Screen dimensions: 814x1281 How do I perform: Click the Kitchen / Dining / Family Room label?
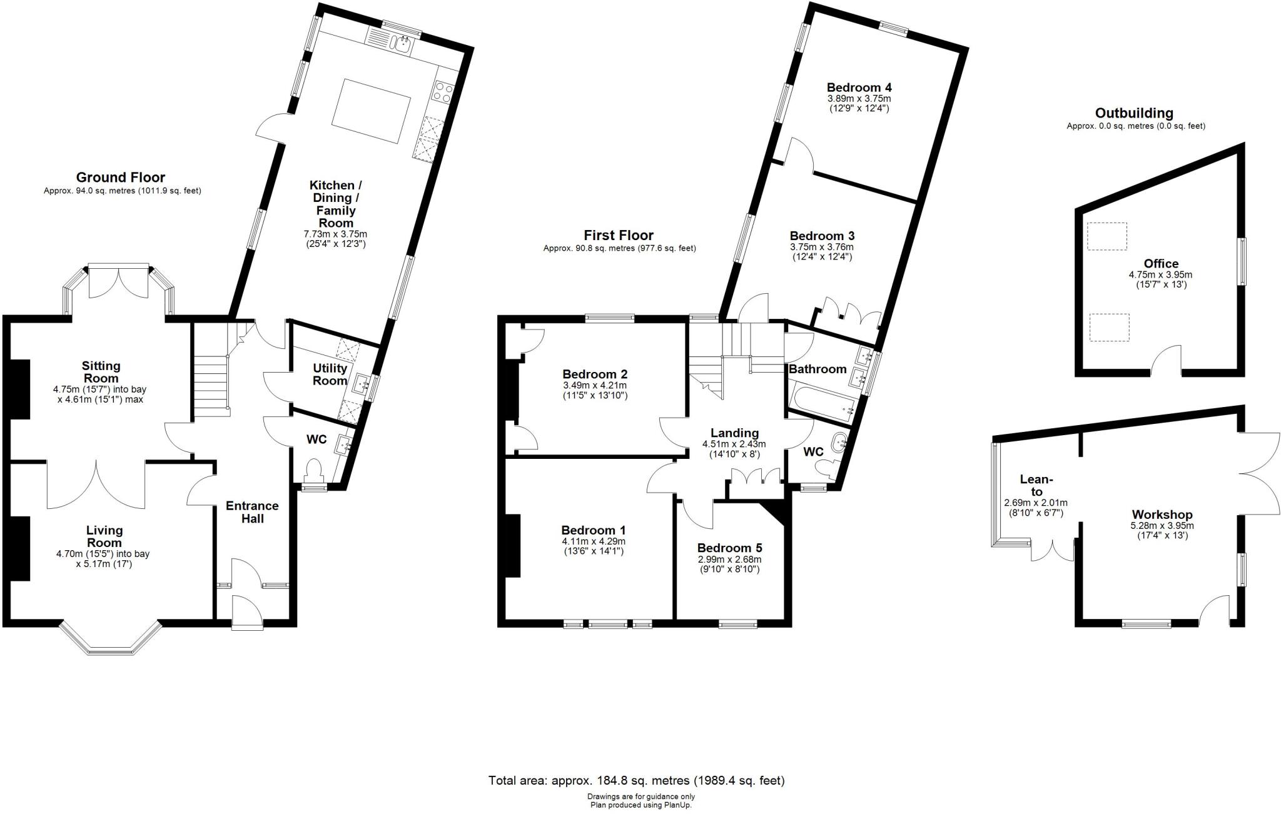336,204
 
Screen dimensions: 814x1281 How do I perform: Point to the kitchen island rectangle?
372,111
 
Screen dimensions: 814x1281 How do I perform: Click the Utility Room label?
330,374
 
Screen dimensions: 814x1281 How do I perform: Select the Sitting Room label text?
101,372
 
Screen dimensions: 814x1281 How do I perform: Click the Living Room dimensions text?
103,559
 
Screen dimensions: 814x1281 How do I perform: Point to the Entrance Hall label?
253,512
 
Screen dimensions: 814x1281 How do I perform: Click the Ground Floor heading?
121,178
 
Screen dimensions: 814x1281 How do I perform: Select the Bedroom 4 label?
859,88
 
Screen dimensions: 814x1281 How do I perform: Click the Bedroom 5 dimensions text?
729,564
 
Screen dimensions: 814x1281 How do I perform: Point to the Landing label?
734,433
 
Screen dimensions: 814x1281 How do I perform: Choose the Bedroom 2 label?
594,374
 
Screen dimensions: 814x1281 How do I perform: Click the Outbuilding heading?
1134,113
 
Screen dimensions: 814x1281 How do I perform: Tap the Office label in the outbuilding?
1161,264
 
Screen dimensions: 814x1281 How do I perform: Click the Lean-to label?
1036,485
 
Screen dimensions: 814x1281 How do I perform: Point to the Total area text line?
636,780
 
